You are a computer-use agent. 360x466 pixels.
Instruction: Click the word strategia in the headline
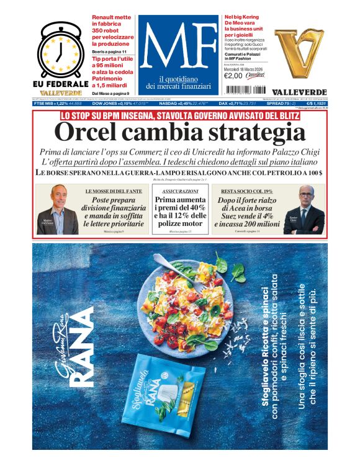(x=253, y=133)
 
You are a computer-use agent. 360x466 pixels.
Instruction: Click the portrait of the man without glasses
(x=58, y=210)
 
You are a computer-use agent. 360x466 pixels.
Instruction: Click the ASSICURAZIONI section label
(x=180, y=191)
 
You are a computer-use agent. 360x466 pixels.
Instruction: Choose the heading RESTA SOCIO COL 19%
(x=246, y=191)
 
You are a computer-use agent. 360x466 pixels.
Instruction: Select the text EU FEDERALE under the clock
(x=60, y=83)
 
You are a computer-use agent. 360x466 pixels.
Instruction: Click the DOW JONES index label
(x=99, y=104)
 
